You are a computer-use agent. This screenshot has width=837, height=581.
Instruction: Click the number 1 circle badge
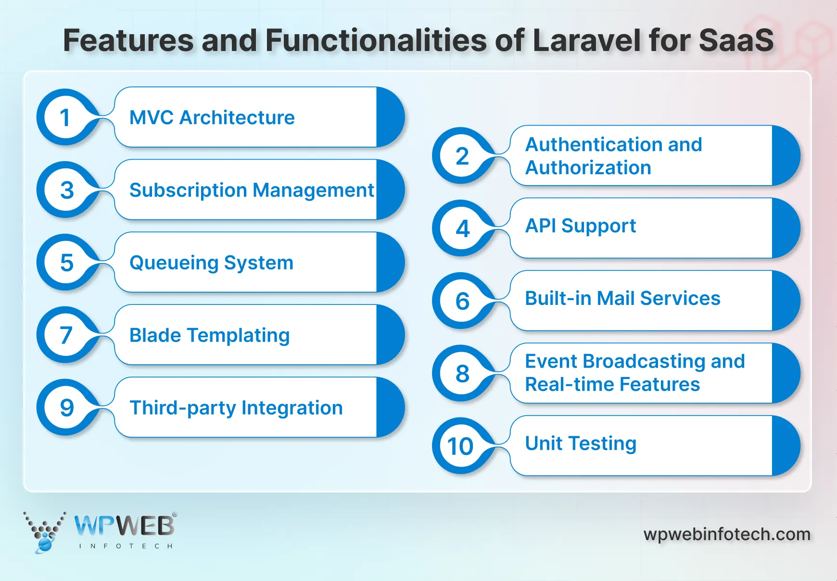(x=65, y=117)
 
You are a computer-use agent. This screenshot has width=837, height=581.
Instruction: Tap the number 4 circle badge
(x=462, y=228)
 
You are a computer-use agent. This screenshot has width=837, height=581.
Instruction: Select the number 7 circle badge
(x=65, y=335)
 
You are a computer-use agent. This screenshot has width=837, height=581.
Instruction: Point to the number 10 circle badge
(x=461, y=446)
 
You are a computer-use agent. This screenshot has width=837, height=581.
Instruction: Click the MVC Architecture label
(x=212, y=117)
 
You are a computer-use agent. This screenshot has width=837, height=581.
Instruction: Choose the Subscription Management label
(x=251, y=190)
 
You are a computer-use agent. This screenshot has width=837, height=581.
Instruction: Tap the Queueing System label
(x=211, y=263)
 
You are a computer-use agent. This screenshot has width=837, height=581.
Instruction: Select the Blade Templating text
(x=209, y=335)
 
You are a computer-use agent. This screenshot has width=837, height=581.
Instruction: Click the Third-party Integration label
(x=236, y=408)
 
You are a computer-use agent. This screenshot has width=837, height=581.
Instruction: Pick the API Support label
(x=580, y=226)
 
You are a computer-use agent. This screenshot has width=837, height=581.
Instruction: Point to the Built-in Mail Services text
(x=622, y=298)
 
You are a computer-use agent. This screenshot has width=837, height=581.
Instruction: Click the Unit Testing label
(x=580, y=443)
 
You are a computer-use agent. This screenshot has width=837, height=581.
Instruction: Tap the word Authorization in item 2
(x=588, y=168)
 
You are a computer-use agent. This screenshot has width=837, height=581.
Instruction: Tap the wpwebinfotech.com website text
(x=727, y=534)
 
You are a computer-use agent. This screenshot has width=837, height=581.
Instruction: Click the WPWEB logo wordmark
(x=125, y=526)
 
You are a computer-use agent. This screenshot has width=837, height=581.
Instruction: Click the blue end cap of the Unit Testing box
(x=785, y=446)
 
